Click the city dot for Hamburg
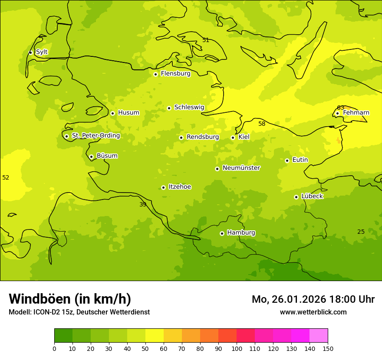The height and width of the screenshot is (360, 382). pyautogui.click(x=222, y=233)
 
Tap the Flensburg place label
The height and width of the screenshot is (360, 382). pyautogui.click(x=175, y=74)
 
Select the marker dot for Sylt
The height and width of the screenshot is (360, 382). pyautogui.click(x=30, y=52)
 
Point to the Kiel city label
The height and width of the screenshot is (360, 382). pyautogui.click(x=244, y=137)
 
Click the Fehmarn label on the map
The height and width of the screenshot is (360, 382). pyautogui.click(x=356, y=113)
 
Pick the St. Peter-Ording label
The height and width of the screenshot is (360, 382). pyautogui.click(x=96, y=136)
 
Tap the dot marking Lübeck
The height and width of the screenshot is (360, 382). pyautogui.click(x=296, y=197)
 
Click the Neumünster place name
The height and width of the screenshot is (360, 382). pyautogui.click(x=241, y=168)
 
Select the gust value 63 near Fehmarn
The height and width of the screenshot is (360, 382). pyautogui.click(x=341, y=108)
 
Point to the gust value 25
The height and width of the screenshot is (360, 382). pyautogui.click(x=361, y=232)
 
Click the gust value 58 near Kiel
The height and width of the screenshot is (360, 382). pyautogui.click(x=262, y=124)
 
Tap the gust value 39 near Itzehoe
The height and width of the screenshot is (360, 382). pyautogui.click(x=143, y=204)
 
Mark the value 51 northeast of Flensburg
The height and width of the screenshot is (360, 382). pyautogui.click(x=206, y=40)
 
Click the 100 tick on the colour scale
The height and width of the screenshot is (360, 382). pyautogui.click(x=237, y=348)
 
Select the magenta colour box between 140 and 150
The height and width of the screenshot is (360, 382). pyautogui.click(x=319, y=336)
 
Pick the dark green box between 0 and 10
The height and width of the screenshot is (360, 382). pyautogui.click(x=63, y=336)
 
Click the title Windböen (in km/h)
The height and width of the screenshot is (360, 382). pyautogui.click(x=70, y=299)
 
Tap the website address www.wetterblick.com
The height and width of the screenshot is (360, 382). pyautogui.click(x=313, y=312)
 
